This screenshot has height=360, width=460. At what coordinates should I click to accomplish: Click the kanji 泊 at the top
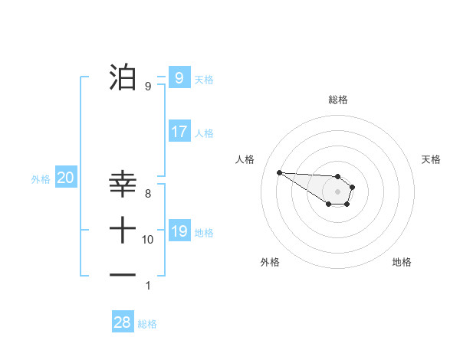pyautogui.click(x=123, y=76)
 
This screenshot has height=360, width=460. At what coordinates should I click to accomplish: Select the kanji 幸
pyautogui.click(x=123, y=183)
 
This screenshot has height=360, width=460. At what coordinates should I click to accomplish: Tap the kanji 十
pyautogui.click(x=123, y=229)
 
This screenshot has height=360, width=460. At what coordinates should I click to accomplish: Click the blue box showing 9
pyautogui.click(x=179, y=78)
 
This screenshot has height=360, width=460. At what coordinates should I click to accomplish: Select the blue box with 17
pyautogui.click(x=179, y=132)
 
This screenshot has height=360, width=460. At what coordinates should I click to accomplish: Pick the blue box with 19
pyautogui.click(x=179, y=231)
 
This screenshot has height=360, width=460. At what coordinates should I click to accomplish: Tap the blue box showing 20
pyautogui.click(x=65, y=178)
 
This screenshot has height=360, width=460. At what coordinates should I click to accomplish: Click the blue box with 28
pyautogui.click(x=123, y=322)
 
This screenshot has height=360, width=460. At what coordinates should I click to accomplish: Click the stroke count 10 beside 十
pyautogui.click(x=148, y=240)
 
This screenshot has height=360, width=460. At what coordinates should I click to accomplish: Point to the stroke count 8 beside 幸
pyautogui.click(x=148, y=194)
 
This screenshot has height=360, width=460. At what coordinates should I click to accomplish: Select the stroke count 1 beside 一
pyautogui.click(x=148, y=286)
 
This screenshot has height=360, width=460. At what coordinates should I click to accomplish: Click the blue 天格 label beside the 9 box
pyautogui.click(x=204, y=80)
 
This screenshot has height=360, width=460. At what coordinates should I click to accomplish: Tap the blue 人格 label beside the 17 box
pyautogui.click(x=204, y=133)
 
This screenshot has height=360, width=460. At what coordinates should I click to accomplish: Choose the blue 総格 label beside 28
pyautogui.click(x=147, y=324)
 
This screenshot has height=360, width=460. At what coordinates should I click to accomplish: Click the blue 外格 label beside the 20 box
pyautogui.click(x=41, y=179)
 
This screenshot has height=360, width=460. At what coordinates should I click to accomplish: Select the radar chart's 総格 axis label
pyautogui.click(x=338, y=100)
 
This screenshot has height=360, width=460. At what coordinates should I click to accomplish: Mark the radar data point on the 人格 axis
pyautogui.click(x=279, y=172)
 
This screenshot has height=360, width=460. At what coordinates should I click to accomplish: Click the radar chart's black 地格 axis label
pyautogui.click(x=402, y=262)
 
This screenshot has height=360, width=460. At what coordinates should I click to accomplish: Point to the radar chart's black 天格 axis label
pyautogui.click(x=432, y=159)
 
